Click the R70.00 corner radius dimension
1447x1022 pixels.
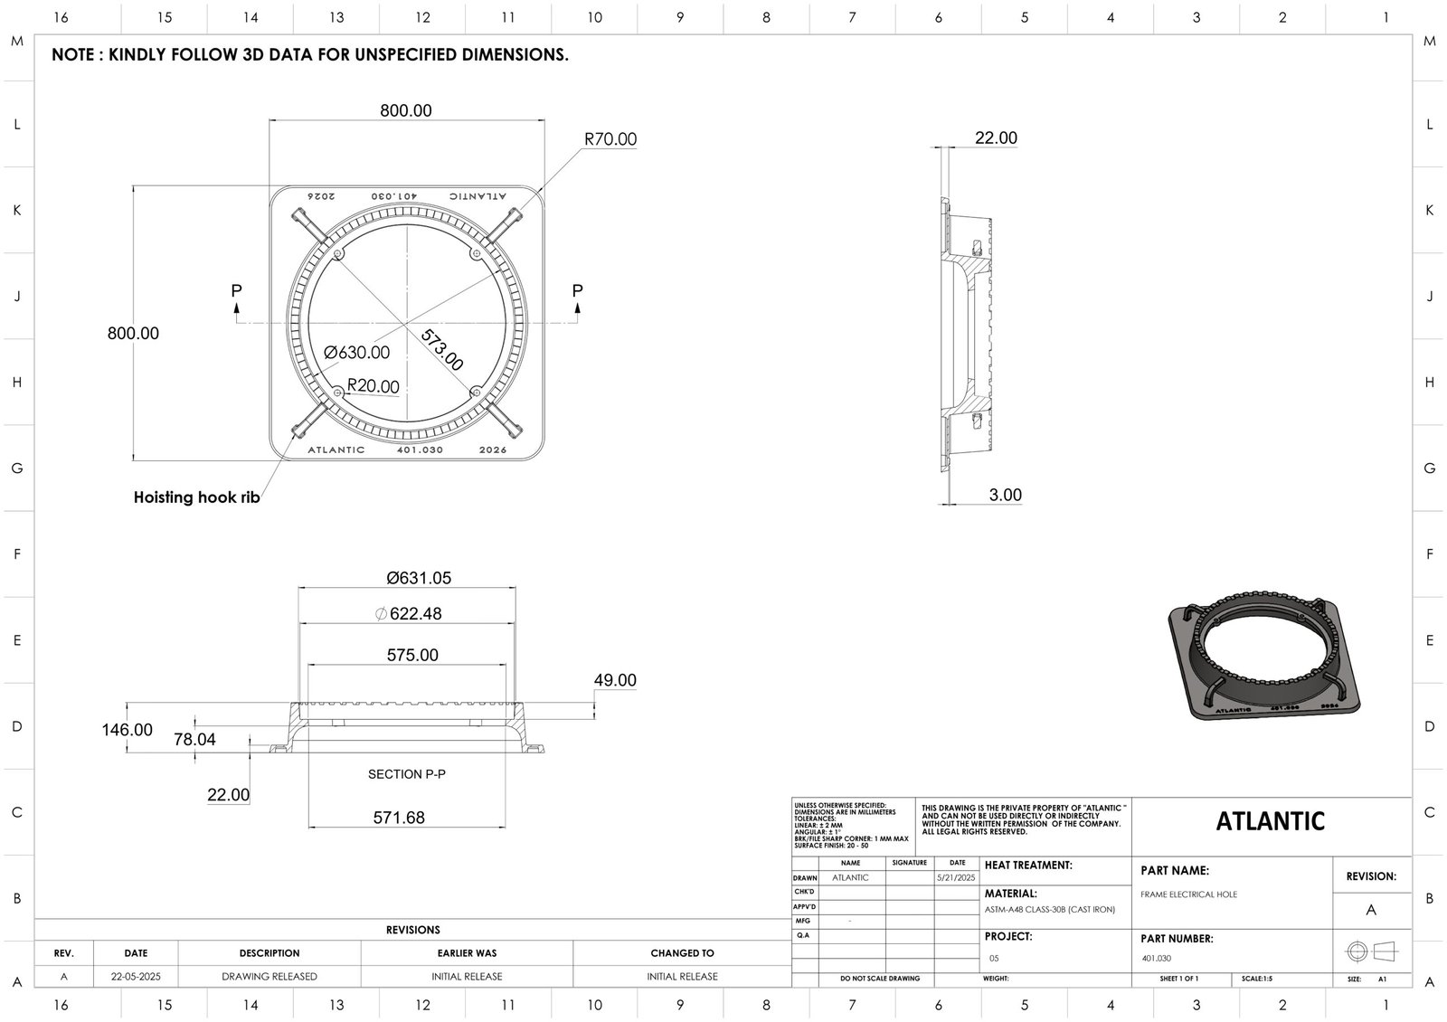click(610, 139)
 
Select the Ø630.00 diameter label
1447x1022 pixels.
click(357, 353)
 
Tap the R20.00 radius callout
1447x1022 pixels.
click(374, 386)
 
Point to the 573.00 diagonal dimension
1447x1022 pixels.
click(442, 350)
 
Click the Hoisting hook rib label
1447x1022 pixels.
click(197, 497)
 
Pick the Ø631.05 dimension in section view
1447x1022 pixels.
click(418, 578)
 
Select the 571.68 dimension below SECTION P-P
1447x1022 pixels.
click(399, 818)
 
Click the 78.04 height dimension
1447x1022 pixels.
click(194, 740)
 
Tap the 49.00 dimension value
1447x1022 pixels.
click(615, 680)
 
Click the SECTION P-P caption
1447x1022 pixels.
click(407, 775)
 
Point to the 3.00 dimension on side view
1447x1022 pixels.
click(1005, 495)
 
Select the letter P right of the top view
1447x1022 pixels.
click(577, 291)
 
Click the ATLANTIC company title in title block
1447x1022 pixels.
click(1270, 821)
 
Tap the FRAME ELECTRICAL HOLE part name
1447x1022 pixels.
click(1188, 894)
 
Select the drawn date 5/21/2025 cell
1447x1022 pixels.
click(957, 878)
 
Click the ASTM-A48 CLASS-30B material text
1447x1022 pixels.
click(1049, 910)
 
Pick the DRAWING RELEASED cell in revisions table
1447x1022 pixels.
click(270, 977)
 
